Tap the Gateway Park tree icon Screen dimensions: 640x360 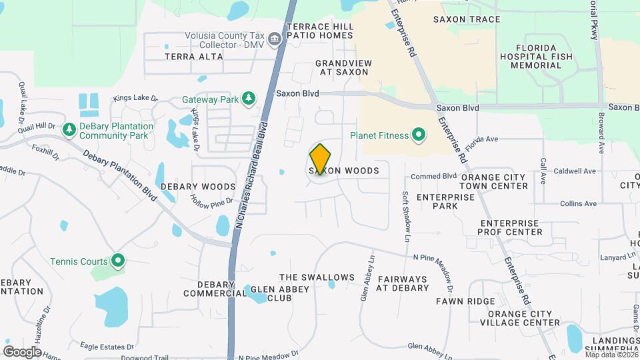coord(249,99)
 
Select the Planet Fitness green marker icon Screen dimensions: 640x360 coord(419,135)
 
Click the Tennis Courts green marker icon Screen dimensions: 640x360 coord(118,261)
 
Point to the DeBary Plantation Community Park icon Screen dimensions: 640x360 coord(69,128)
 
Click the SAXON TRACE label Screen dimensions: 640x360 coord(466,19)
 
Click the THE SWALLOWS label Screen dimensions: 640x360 coord(317,277)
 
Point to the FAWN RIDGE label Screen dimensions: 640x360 coord(465,301)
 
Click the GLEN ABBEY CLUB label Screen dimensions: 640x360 coord(270,293)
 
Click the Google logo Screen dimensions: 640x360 coord(23,352)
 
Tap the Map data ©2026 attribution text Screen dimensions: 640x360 coord(611,355)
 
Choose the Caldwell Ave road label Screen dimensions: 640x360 coord(577,171)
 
